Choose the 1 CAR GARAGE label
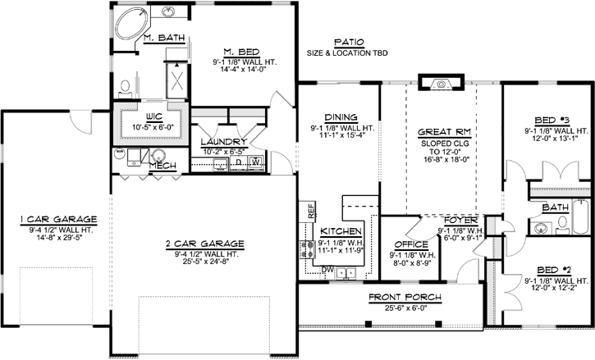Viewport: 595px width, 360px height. tap(60, 219)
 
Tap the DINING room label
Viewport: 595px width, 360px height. tap(341, 117)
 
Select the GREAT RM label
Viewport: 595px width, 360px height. tap(442, 131)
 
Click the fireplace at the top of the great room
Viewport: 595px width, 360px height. tap(433, 81)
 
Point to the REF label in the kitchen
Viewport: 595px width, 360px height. tap(311, 210)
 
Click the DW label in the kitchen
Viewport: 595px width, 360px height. tap(327, 268)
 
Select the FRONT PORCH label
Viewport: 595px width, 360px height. tap(405, 296)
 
